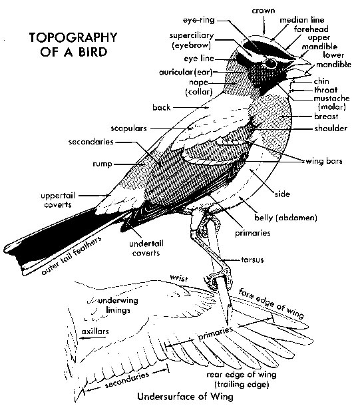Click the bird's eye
[271, 63]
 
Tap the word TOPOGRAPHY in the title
[73, 37]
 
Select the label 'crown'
[264, 11]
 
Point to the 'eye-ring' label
[199, 20]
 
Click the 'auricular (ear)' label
[186, 72]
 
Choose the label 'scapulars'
[128, 128]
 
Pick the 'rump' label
[102, 164]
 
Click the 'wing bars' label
[324, 161]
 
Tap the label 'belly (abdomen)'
[285, 218]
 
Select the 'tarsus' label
[252, 260]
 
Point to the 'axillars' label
[95, 331]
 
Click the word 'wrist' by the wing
[179, 278]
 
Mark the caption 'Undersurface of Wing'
[185, 397]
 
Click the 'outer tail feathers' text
[71, 256]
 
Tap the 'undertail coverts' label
[146, 248]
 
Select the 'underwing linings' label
[118, 306]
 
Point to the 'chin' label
[321, 81]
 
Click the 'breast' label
[326, 116]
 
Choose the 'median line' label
[302, 20]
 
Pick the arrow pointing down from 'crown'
[264, 25]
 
